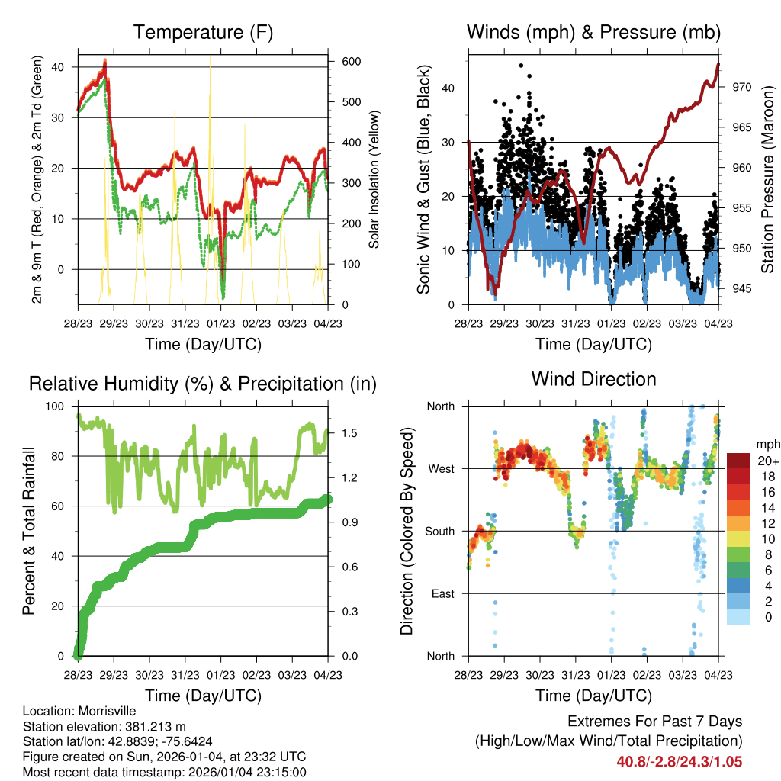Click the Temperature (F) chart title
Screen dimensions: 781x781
point(203,32)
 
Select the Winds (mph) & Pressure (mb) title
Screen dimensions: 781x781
point(593,32)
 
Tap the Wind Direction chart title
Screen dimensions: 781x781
point(593,378)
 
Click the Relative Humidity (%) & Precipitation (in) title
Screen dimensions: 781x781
point(203,384)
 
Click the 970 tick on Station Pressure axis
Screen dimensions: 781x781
point(741,87)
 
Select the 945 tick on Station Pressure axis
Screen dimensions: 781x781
point(741,288)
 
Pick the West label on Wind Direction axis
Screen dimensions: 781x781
point(440,468)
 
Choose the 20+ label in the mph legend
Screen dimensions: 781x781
point(767,461)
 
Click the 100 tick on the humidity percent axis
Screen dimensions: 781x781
point(57,406)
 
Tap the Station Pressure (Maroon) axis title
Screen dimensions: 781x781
point(767,179)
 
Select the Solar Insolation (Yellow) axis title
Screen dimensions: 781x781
point(374,179)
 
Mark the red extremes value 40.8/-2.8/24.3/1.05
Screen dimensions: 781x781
point(680,761)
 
